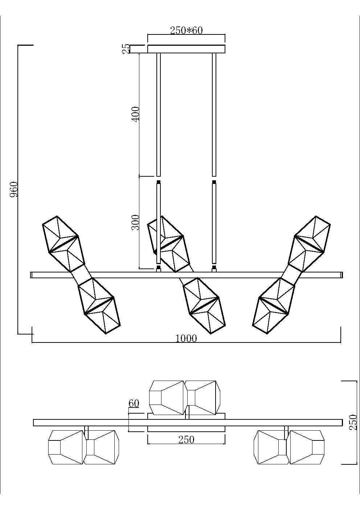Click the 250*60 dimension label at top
(186, 30)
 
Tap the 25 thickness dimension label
(126, 49)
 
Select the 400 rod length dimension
(135, 114)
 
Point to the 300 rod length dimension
(135, 222)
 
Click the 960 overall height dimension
(14, 189)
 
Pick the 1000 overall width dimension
(186, 338)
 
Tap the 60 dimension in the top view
(134, 403)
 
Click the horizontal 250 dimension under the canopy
(186, 439)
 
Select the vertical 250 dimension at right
(353, 422)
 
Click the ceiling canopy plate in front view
(186, 49)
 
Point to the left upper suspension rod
(158, 114)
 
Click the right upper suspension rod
(214, 114)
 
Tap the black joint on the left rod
(158, 182)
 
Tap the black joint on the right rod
(214, 182)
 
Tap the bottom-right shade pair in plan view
(289, 447)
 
